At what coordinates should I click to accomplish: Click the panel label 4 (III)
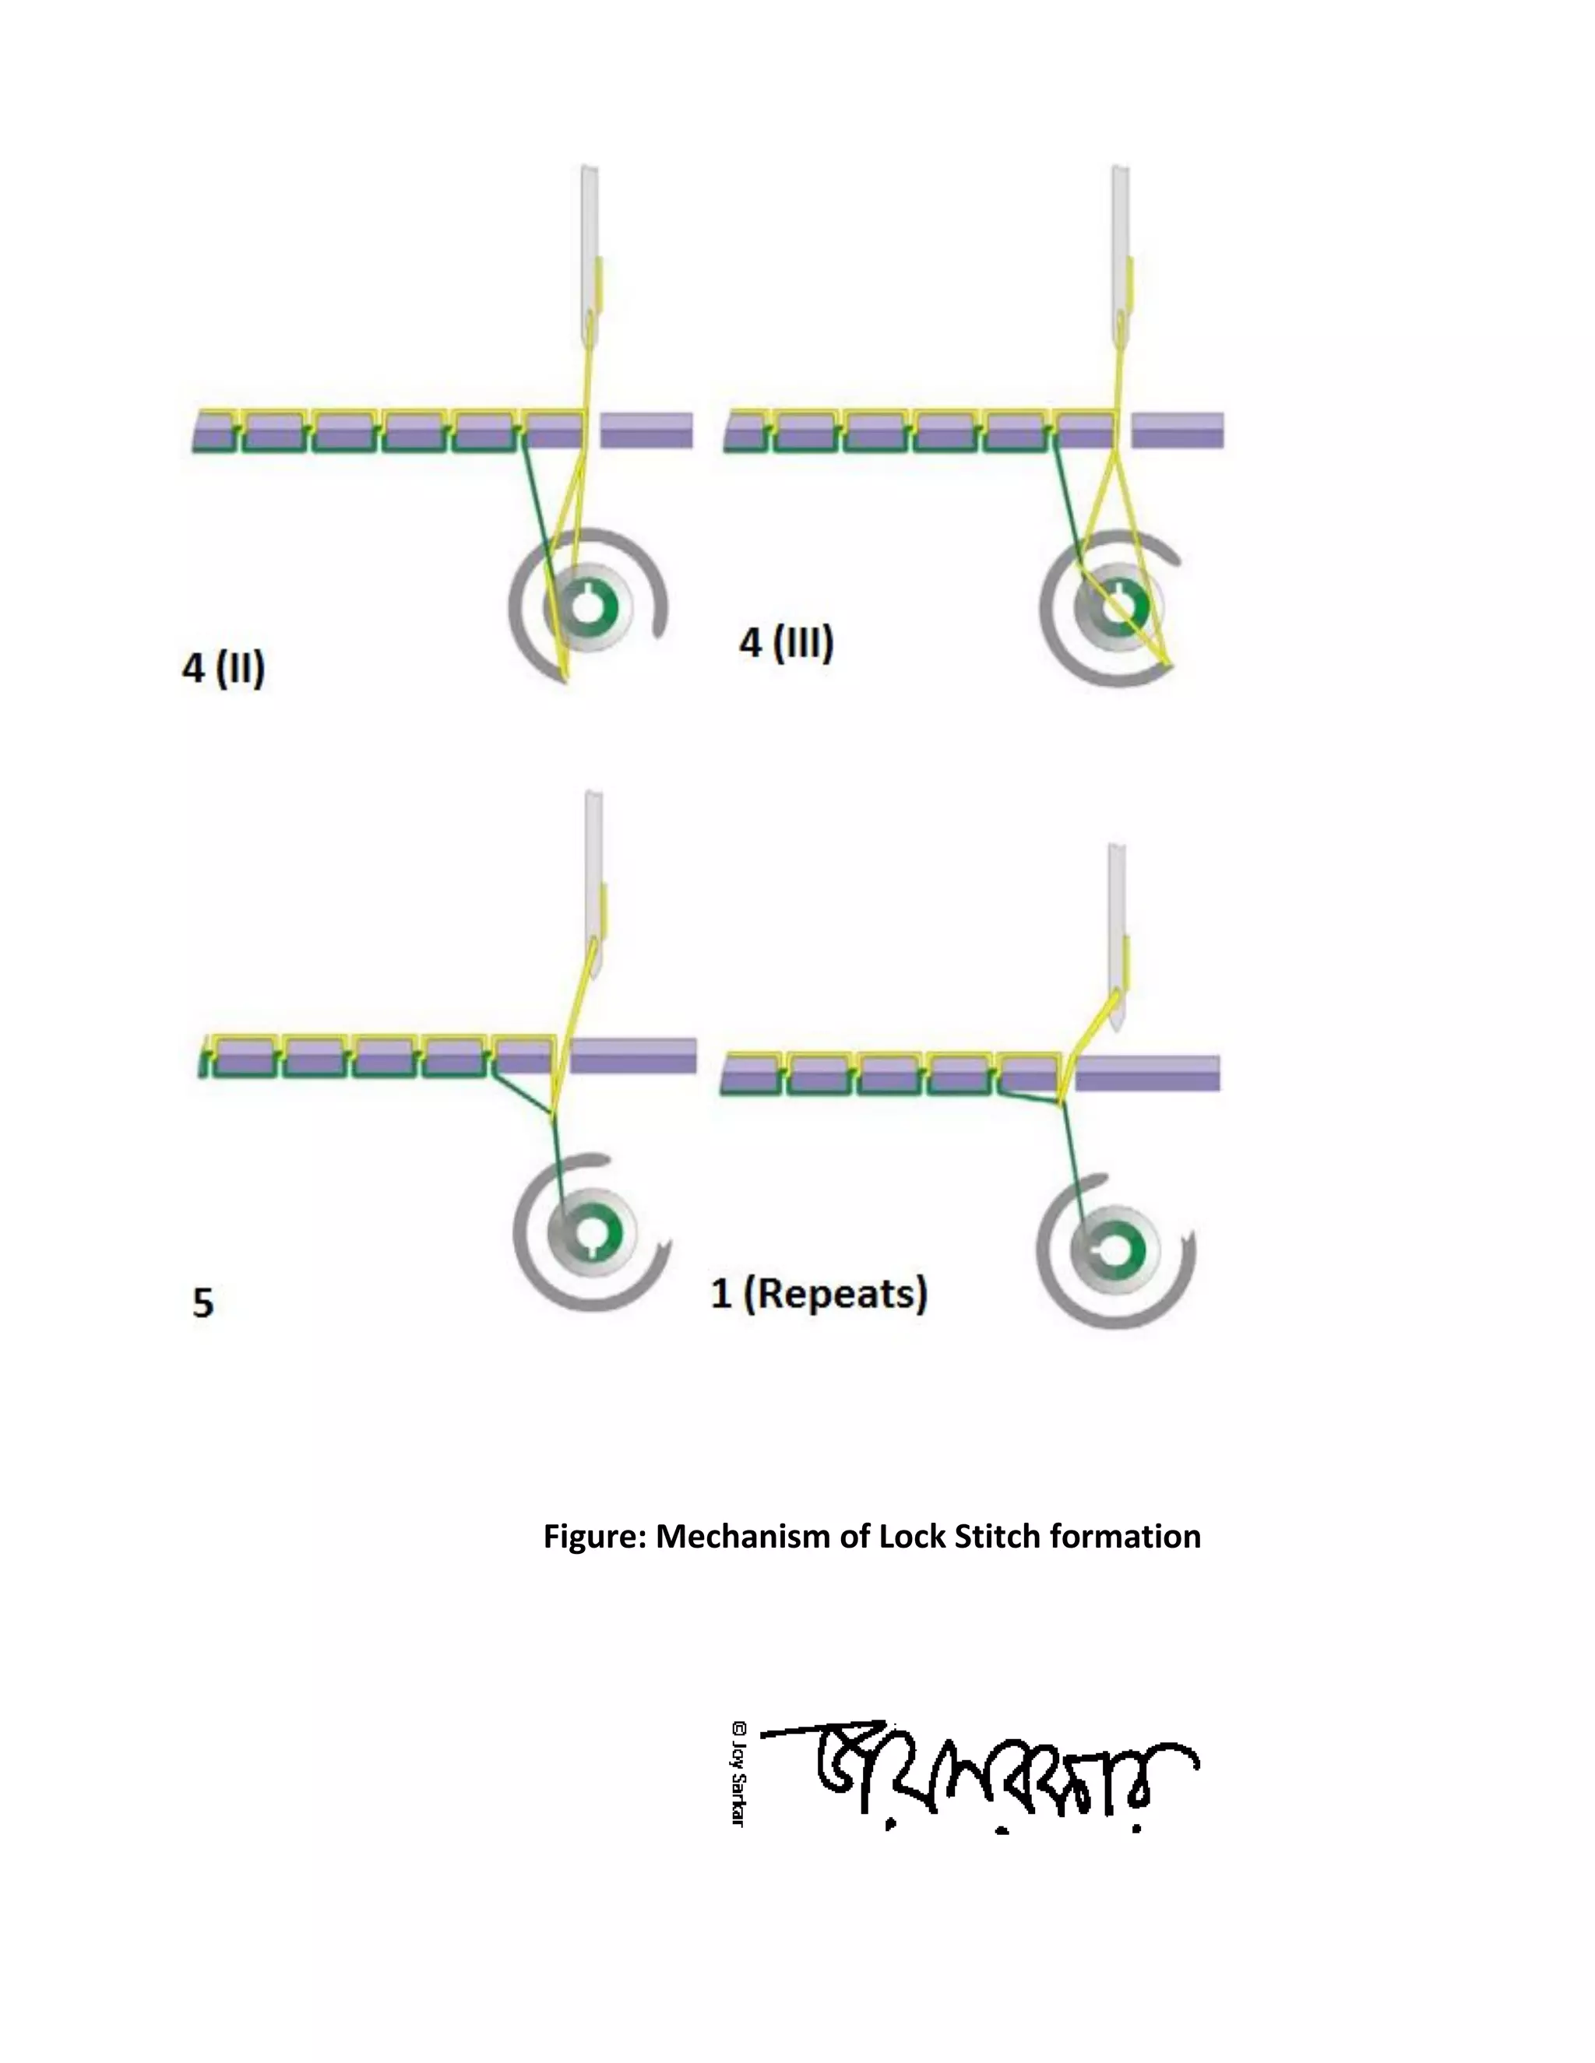tap(786, 643)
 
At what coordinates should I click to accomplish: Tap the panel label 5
tap(203, 1302)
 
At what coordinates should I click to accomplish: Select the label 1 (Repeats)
tap(819, 1293)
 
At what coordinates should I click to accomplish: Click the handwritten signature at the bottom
tap(983, 1776)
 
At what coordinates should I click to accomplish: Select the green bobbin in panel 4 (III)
tap(1121, 606)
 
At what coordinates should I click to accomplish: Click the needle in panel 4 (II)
tap(589, 255)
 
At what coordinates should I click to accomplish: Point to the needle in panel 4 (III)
tap(1120, 255)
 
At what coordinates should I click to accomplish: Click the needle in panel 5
tap(594, 878)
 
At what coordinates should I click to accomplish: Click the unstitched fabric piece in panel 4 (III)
tap(1178, 430)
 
